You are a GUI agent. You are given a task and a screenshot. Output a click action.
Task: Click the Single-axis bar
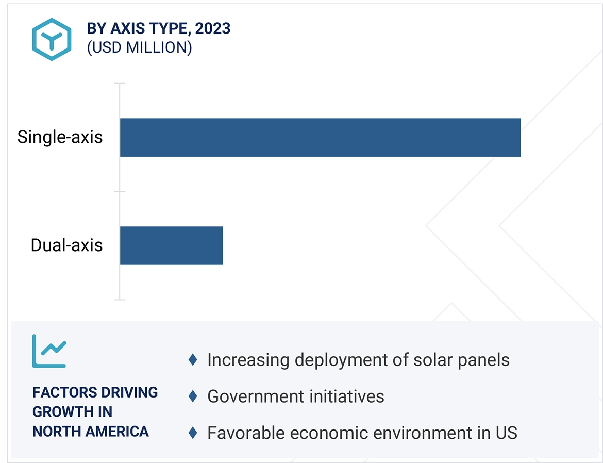[320, 138]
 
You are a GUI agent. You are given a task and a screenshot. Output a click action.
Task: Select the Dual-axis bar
[171, 245]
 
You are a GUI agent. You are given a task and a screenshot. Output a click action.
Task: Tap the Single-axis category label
[60, 137]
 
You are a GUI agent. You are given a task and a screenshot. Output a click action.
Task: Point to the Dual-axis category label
[66, 245]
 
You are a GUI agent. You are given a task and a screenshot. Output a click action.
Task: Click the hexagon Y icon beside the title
[52, 40]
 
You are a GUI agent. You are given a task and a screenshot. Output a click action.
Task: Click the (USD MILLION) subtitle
[139, 47]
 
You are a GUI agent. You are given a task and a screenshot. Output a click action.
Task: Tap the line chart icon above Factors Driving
[49, 351]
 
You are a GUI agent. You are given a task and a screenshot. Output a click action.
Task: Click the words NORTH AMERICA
[91, 431]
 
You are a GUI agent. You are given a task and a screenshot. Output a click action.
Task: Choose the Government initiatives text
[295, 396]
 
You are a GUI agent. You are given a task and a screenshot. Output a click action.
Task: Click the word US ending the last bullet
[506, 433]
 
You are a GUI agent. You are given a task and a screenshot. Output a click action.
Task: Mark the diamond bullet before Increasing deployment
[193, 360]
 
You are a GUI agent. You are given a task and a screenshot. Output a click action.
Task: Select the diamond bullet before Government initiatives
[193, 396]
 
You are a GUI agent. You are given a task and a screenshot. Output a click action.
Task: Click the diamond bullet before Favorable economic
[193, 433]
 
